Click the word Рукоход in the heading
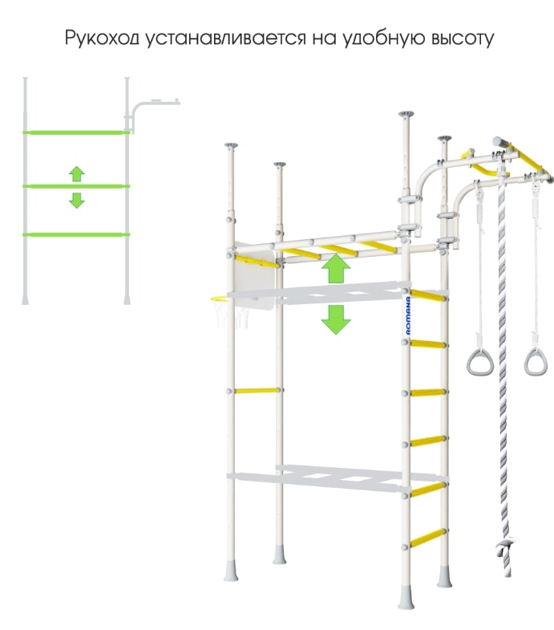[102, 39]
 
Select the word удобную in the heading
[383, 39]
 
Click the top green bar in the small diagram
[76, 132]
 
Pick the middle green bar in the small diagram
[76, 186]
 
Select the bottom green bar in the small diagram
[76, 234]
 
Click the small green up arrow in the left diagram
[77, 173]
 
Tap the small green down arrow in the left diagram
[77, 200]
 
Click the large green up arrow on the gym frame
[336, 268]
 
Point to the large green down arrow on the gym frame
[336, 320]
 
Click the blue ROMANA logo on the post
[408, 316]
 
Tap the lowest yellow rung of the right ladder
[428, 538]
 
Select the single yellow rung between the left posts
[257, 390]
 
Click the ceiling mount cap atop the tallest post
[406, 115]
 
